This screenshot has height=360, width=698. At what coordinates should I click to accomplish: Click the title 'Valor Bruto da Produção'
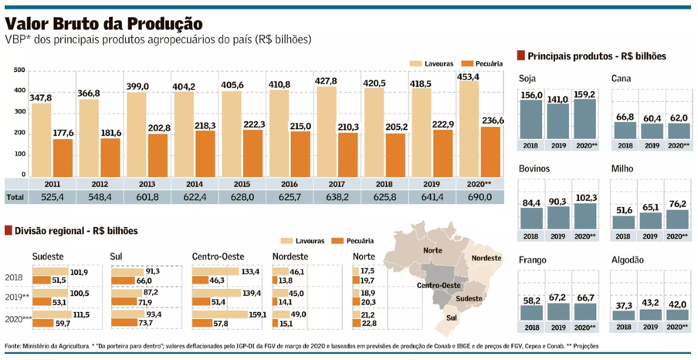pos(104,23)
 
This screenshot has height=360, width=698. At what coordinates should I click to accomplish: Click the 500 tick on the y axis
pos(19,70)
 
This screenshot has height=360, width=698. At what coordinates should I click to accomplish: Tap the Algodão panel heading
pos(629,260)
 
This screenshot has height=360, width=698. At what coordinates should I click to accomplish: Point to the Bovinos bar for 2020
pos(584,216)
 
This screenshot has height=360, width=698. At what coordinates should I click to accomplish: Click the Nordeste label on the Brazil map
pos(486,257)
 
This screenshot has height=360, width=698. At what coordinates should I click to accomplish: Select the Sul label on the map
pos(452,316)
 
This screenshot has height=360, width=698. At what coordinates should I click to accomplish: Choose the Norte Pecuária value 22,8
pos(368,323)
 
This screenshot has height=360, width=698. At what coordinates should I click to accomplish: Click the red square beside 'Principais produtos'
pos(521,56)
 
